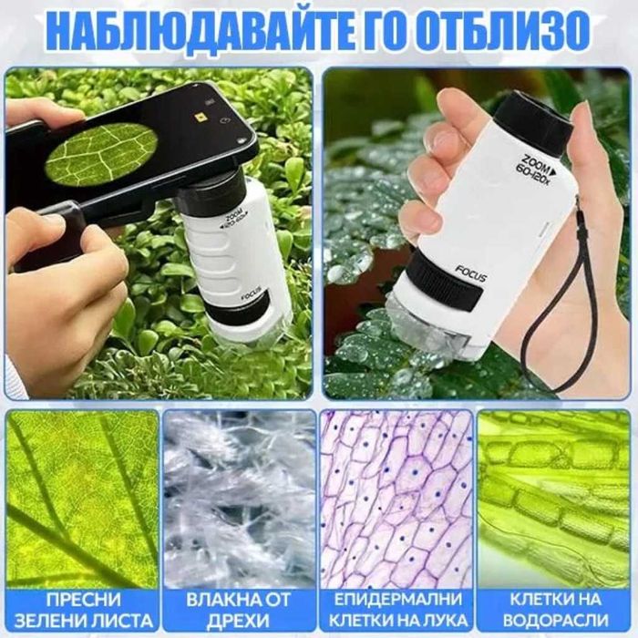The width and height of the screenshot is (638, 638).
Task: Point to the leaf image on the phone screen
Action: point(101,152)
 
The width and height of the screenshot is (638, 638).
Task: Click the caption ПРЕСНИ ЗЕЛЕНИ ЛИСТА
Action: point(83,612)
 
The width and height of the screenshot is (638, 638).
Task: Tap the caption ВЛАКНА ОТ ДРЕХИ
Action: point(239,612)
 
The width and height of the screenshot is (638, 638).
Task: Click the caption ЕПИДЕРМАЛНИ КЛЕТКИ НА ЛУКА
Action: point(396,612)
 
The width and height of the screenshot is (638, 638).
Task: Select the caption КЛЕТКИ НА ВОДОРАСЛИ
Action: point(554,612)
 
